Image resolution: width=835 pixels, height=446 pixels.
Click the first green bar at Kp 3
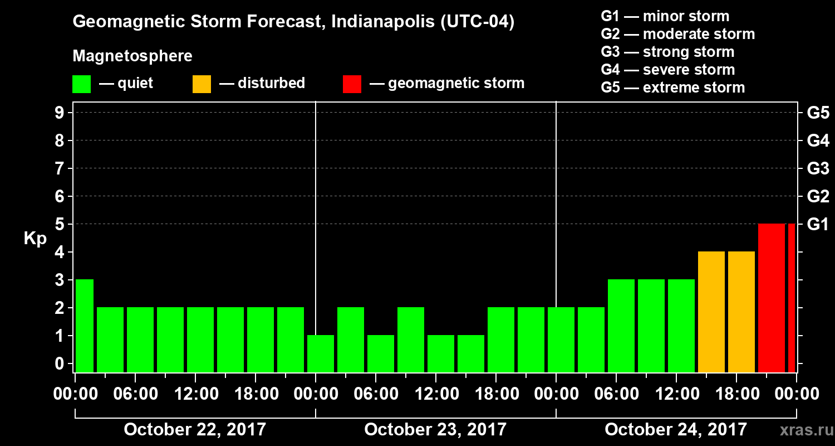[x=85, y=326]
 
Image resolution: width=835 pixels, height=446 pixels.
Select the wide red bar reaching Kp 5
[x=771, y=298]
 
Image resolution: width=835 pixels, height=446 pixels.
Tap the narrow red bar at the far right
[x=792, y=298]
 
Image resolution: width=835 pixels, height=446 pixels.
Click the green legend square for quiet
[x=82, y=84]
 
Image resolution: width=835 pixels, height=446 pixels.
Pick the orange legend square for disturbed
[x=202, y=84]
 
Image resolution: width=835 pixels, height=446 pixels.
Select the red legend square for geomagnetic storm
[x=352, y=84]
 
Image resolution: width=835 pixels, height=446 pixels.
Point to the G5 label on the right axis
[x=817, y=113]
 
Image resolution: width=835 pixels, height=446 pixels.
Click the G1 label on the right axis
[x=817, y=225]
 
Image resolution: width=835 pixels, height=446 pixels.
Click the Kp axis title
[x=35, y=239]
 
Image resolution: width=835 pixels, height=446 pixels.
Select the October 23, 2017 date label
[x=435, y=430]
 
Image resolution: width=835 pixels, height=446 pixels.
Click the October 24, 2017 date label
[x=675, y=430]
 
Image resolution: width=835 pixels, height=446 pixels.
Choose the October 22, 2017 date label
[x=195, y=430]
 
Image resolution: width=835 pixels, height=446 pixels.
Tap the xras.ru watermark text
[x=802, y=430]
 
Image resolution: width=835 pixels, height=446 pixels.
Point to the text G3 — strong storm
[x=667, y=52]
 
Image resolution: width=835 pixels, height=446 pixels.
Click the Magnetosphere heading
[x=132, y=56]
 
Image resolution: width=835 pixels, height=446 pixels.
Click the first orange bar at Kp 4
[x=711, y=312]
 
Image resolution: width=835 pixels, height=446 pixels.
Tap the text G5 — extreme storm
[x=672, y=88]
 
